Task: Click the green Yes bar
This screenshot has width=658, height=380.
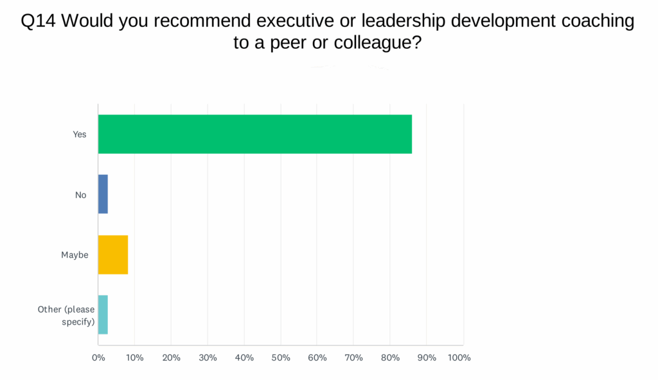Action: click(254, 134)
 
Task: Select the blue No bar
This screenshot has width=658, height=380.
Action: click(103, 194)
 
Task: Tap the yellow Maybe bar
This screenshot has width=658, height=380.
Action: click(113, 255)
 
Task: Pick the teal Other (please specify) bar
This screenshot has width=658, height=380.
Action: click(103, 315)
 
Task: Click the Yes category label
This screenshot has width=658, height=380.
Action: click(80, 134)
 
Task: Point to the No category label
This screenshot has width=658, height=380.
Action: click(80, 195)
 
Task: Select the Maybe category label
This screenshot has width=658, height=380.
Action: click(75, 255)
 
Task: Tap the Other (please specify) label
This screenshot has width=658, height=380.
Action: click(66, 315)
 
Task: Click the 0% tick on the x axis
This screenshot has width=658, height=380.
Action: click(98, 357)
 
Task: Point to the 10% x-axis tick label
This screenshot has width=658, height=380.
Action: click(134, 357)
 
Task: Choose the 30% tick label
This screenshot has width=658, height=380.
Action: click(208, 357)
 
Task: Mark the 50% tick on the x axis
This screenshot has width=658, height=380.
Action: click(281, 357)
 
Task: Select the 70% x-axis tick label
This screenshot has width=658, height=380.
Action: click(354, 357)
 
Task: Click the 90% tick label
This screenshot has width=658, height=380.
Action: click(427, 357)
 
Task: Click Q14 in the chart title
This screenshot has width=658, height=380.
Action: click(39, 21)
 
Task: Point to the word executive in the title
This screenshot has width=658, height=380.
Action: click(293, 21)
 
